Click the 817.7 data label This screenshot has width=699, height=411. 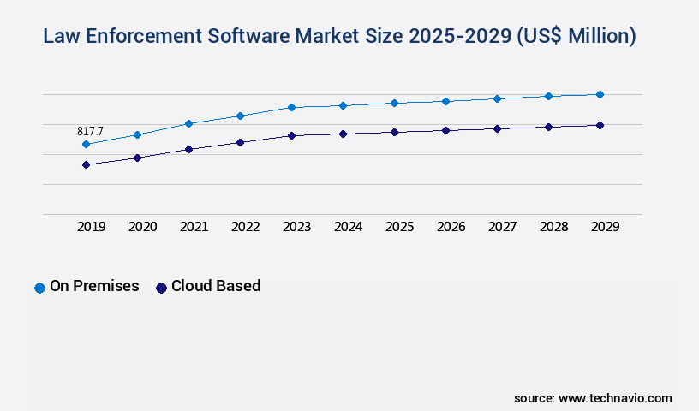pos(90,131)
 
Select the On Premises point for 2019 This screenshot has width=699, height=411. pos(86,145)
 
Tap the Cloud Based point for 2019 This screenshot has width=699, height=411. pos(86,164)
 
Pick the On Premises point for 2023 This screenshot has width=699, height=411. pos(291,107)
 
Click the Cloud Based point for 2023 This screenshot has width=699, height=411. pos(291,135)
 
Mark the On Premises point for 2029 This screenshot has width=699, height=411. pos(600,94)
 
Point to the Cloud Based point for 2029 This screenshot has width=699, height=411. pos(600,125)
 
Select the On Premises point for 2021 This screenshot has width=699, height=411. pos(188,123)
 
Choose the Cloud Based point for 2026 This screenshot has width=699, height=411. pos(445,130)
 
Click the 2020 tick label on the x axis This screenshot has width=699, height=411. pos(142,227)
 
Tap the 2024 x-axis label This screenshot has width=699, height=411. pos(348,227)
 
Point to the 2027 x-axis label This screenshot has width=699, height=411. pos(502,227)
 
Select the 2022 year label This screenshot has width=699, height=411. pos(245,227)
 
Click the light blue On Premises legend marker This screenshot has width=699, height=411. pos(39,288)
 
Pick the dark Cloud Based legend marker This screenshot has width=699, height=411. pos(161,288)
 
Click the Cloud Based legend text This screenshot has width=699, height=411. pos(216,286)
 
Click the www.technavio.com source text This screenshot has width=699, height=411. pos(615,398)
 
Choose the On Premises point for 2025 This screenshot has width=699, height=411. pos(394,103)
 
